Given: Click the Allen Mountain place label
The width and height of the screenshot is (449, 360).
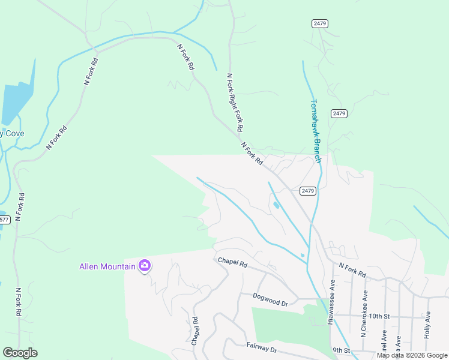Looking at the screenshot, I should click(x=107, y=266).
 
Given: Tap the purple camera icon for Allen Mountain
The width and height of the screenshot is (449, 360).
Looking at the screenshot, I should click(x=144, y=265).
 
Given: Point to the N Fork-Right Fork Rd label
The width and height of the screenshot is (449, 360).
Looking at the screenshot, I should click(x=234, y=103).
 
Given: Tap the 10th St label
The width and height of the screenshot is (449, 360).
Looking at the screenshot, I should click(x=379, y=316).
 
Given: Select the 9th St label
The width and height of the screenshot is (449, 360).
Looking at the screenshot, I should click(x=341, y=350).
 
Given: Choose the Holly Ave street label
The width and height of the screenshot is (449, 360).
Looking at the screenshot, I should click(x=427, y=325).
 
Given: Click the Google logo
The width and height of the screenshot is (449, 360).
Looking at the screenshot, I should click(x=20, y=353).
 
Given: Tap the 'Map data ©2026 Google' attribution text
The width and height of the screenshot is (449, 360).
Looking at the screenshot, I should click(x=412, y=355).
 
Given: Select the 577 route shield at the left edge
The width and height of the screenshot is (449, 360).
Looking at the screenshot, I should click(x=4, y=220).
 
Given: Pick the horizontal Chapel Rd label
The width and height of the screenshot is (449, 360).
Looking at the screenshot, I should click(x=232, y=262).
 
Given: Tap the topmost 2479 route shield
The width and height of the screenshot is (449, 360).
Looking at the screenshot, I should click(x=320, y=23).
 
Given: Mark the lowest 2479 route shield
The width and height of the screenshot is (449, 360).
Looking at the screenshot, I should click(x=307, y=191).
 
